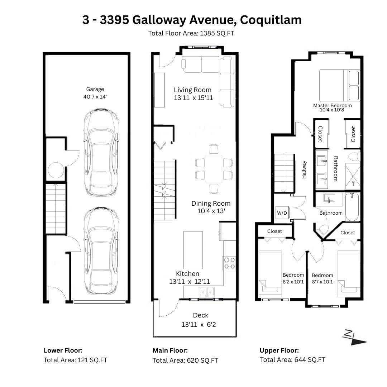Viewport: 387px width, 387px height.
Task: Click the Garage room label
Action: click(x=95, y=89)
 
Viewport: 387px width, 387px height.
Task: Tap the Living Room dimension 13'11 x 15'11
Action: click(x=193, y=98)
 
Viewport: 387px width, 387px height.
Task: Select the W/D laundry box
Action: click(x=282, y=213)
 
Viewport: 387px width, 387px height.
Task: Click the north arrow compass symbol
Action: click(x=354, y=338)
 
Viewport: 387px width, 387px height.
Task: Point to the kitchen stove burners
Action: click(x=229, y=263)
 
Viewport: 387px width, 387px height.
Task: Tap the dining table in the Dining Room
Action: click(x=214, y=169)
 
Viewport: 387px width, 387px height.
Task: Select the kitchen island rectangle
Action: click(x=193, y=250)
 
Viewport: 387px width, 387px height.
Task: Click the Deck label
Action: click(x=200, y=315)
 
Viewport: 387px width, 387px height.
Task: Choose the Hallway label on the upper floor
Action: click(x=304, y=169)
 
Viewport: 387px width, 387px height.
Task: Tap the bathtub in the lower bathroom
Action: click(x=352, y=207)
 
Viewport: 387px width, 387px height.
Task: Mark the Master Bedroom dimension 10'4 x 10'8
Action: click(x=332, y=110)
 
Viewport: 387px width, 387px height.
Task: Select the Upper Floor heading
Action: click(x=279, y=350)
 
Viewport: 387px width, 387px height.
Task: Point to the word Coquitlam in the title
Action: click(x=271, y=20)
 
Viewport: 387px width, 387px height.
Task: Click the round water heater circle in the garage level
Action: click(x=56, y=170)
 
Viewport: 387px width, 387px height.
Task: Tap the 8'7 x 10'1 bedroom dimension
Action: click(x=322, y=282)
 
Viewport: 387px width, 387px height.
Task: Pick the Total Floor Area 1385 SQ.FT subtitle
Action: click(x=191, y=33)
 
